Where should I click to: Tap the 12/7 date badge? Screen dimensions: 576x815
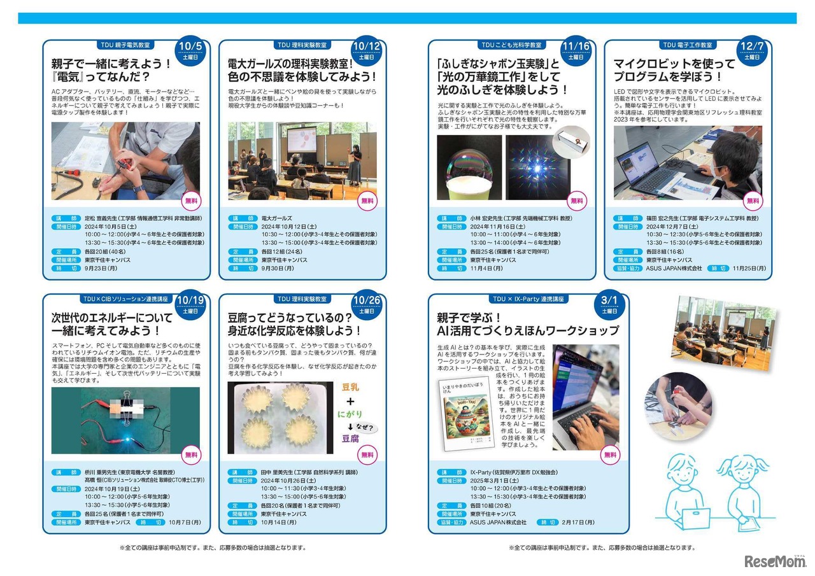click(753, 50)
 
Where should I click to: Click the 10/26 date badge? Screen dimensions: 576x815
click(366, 304)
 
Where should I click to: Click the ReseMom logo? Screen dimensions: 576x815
click(774, 561)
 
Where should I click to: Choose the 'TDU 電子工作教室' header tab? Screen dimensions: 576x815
click(688, 45)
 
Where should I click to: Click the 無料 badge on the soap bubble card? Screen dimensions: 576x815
click(576, 200)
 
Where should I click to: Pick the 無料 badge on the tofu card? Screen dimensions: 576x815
click(367, 454)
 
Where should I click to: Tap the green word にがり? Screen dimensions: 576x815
click(350, 414)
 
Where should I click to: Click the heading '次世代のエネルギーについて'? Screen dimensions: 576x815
click(112, 318)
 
